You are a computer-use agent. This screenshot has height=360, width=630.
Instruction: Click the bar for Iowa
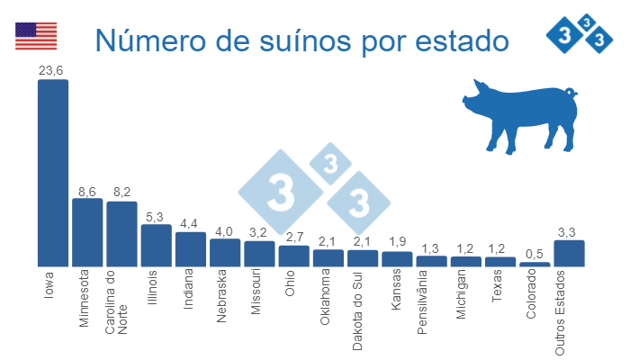(x=52, y=173)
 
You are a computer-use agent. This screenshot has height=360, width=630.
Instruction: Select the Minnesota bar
(x=87, y=232)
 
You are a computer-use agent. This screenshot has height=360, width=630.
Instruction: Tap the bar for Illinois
(x=156, y=245)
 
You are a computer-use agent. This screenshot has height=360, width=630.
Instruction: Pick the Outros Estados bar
(x=569, y=253)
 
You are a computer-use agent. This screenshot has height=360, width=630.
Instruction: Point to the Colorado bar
(x=535, y=264)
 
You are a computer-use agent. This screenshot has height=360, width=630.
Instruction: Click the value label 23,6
(x=51, y=70)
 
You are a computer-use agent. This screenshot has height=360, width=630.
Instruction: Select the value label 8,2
(x=121, y=192)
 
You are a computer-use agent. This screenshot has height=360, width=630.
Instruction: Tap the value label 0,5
(x=535, y=253)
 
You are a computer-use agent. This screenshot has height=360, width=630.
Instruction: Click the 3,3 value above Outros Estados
(x=569, y=231)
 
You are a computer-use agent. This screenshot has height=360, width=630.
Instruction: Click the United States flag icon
(x=36, y=37)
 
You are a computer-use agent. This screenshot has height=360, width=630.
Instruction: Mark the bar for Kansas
(x=397, y=258)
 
